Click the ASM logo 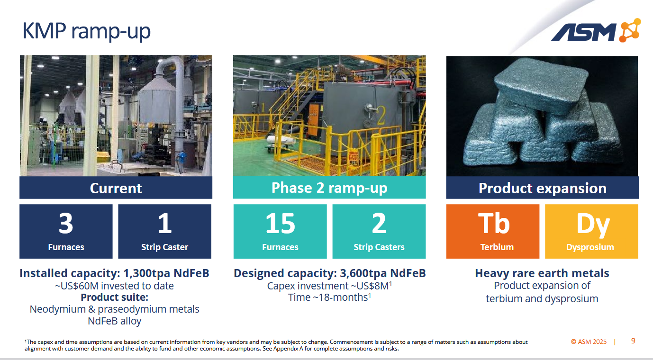596,31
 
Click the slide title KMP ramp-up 86,31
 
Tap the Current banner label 116,188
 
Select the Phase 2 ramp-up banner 329,188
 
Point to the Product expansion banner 543,188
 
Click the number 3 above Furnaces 66,223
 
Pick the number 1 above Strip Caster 165,223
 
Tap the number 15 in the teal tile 280,223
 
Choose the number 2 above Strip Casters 379,223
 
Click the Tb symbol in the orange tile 493,223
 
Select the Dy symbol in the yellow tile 593,225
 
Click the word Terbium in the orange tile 497,247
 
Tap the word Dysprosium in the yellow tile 590,247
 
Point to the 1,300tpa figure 146,273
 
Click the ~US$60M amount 77,286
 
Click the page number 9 633,341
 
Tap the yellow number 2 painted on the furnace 381,116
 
